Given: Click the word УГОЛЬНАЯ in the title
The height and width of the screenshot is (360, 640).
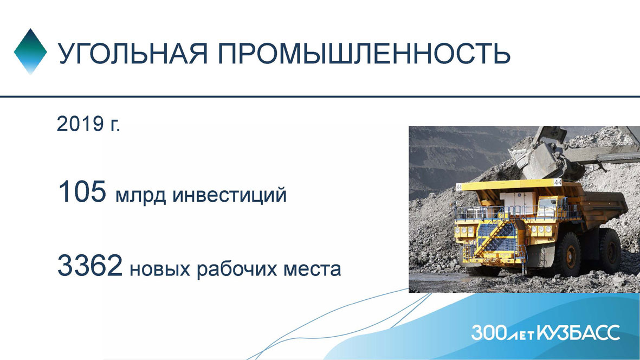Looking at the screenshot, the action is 133,53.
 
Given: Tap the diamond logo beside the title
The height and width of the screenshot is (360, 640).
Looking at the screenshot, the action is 30,52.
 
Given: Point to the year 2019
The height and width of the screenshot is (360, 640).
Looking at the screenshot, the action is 80,123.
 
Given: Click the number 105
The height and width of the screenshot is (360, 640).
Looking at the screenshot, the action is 82,191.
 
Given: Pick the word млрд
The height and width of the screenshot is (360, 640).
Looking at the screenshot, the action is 141,195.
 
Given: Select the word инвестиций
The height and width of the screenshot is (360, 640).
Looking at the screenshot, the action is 229,195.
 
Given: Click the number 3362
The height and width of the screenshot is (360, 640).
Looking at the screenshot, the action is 90,265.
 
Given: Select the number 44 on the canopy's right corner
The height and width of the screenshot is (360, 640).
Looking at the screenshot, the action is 557,182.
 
